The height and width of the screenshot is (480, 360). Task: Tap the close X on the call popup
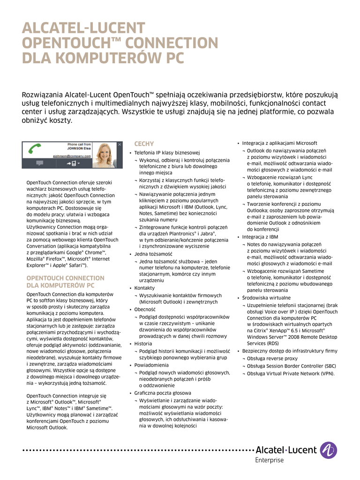(x=120, y=145)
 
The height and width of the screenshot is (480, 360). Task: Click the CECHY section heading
(x=144, y=143)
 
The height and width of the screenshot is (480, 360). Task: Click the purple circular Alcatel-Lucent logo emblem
(x=328, y=450)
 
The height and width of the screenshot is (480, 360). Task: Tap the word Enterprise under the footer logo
(x=269, y=460)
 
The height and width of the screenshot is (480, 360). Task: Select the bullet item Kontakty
(x=144, y=288)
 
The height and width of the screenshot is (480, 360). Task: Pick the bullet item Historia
(x=143, y=344)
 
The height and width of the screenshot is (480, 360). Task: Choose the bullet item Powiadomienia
(x=151, y=364)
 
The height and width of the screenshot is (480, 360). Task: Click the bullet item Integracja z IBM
(x=260, y=237)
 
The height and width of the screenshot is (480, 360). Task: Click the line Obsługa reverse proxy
(x=272, y=359)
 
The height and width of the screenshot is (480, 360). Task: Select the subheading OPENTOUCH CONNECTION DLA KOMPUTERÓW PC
(x=65, y=281)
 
